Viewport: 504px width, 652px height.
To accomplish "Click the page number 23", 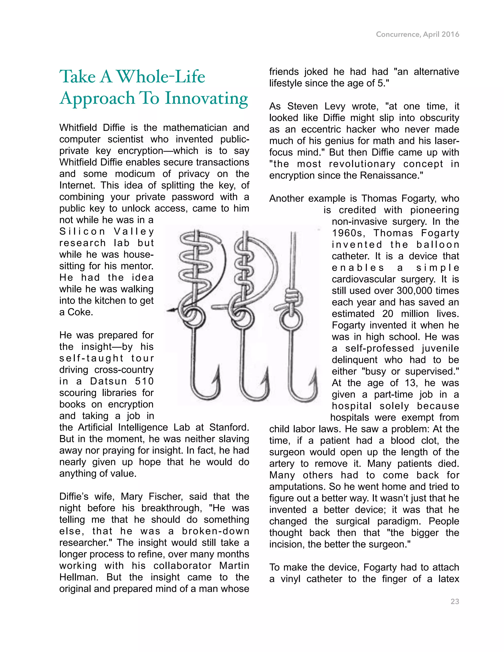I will (455, 602).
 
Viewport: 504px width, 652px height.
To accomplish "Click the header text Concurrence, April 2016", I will (417, 34).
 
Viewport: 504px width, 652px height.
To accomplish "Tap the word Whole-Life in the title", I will (161, 77).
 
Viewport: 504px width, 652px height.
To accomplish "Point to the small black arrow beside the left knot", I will (171, 311).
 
